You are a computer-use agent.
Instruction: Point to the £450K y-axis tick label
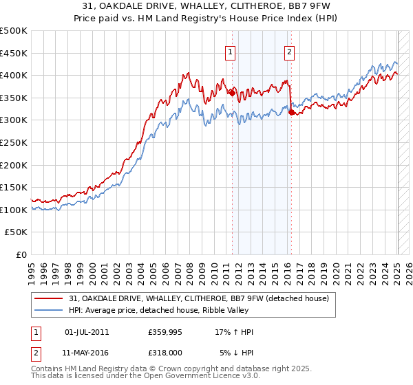14,53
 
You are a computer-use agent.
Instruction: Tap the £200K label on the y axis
14,165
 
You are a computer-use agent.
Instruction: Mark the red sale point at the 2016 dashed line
291,112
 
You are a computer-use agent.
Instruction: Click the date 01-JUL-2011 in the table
87,332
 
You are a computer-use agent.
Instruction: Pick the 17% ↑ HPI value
234,332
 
